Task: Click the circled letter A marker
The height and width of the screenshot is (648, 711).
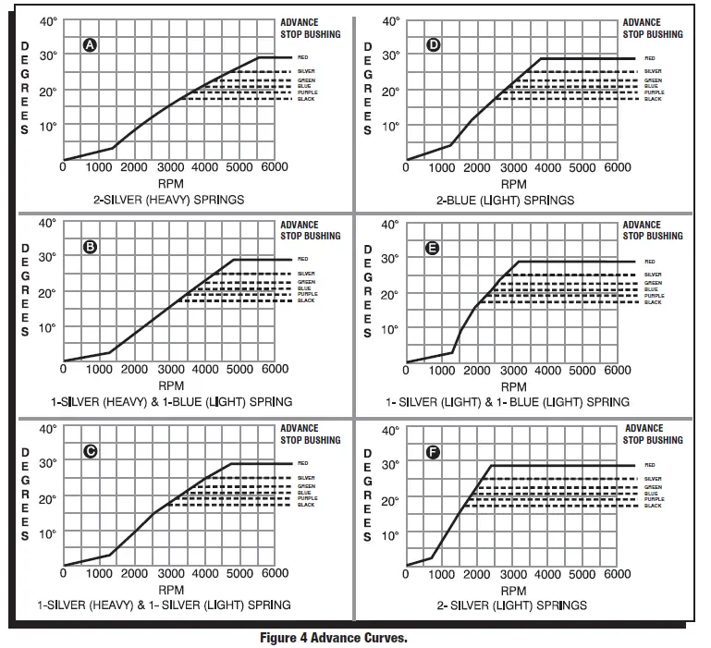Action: [x=90, y=45]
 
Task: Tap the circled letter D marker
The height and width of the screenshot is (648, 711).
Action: [x=433, y=45]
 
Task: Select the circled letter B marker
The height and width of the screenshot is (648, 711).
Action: [x=90, y=247]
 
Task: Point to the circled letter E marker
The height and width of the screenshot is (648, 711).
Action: [x=433, y=248]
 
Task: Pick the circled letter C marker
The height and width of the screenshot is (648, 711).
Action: [x=90, y=451]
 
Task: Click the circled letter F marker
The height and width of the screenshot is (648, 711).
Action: [x=433, y=452]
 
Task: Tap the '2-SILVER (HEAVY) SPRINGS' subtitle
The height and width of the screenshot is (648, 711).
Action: [x=169, y=200]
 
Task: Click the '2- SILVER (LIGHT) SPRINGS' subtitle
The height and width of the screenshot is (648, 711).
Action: [x=512, y=605]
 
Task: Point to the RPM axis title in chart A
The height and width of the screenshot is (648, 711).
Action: [x=170, y=183]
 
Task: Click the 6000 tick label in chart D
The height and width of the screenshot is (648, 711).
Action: [x=617, y=167]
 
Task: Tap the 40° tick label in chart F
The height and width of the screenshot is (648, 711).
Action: [x=389, y=430]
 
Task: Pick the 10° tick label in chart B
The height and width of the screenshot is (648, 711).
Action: [x=47, y=328]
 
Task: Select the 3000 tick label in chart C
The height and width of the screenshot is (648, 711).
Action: [x=169, y=573]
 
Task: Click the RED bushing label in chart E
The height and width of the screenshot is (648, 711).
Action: [x=650, y=262]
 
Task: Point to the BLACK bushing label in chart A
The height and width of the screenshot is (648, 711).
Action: [x=306, y=99]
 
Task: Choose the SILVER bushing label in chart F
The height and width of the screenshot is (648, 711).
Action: [x=653, y=478]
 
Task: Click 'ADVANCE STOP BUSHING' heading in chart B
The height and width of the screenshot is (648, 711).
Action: [x=311, y=230]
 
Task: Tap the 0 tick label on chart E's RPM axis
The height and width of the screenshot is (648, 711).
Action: [x=407, y=370]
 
